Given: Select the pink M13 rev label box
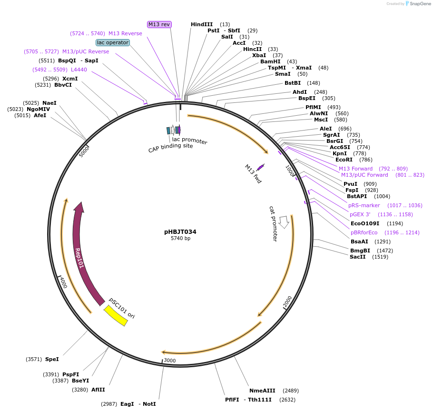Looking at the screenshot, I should click(x=159, y=24).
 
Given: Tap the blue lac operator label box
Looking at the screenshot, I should click(x=112, y=42).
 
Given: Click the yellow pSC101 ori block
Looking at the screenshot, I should click(x=116, y=315).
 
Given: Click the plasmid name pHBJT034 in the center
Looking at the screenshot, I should click(x=180, y=232).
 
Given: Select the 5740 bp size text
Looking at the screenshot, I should click(x=180, y=239).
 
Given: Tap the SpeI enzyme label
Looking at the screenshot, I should click(x=52, y=359).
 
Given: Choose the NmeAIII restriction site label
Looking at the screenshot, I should click(x=262, y=391).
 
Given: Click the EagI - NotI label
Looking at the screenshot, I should click(x=138, y=404).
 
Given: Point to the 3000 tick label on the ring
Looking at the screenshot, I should click(x=170, y=361).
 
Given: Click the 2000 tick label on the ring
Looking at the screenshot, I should click(x=287, y=301).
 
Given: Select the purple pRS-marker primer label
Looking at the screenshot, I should click(x=364, y=205).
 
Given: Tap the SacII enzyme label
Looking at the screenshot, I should click(x=358, y=257).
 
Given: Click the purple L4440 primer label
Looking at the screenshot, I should click(x=79, y=70).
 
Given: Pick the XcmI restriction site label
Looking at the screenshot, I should click(x=70, y=79).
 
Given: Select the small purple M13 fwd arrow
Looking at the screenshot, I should click(x=260, y=167).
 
